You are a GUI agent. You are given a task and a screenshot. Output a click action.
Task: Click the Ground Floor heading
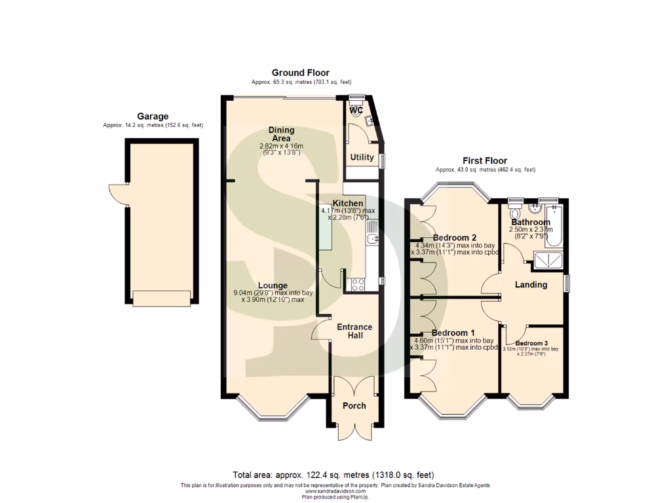(301, 73)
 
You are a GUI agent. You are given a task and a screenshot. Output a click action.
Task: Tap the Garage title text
(152, 117)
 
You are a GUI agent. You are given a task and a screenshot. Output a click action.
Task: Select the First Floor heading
(485, 160)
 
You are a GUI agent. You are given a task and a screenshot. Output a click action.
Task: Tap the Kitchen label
(347, 204)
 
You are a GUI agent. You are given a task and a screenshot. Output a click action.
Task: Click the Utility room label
(362, 157)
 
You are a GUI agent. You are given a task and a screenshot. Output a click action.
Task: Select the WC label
(356, 111)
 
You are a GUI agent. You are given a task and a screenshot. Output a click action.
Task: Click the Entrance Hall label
(355, 331)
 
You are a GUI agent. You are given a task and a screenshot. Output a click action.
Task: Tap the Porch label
(355, 405)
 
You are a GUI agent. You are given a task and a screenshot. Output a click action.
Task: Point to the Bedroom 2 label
(454, 237)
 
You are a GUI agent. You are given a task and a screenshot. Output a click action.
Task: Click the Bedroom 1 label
(453, 333)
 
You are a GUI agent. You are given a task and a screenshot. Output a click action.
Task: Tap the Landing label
(531, 285)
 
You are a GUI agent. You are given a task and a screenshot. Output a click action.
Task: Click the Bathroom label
(531, 223)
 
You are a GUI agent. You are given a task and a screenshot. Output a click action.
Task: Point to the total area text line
(333, 475)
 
